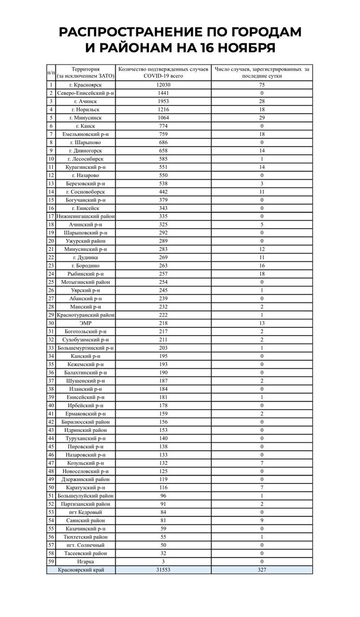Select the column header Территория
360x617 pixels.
point(85,69)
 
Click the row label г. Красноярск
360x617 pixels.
point(85,84)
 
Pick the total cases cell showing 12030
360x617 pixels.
point(164,84)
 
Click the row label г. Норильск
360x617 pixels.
point(85,109)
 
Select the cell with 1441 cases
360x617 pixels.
point(164,93)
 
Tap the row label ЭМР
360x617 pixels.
point(85,322)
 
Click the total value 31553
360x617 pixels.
point(164,570)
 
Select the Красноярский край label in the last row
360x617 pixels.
point(80,570)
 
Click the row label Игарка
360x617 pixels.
point(85,561)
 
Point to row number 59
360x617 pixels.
point(51,561)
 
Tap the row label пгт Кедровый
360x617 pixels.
point(85,512)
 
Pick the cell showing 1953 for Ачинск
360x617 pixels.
point(164,101)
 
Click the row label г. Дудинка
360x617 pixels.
point(85,257)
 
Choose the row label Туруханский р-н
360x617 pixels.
point(85,438)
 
